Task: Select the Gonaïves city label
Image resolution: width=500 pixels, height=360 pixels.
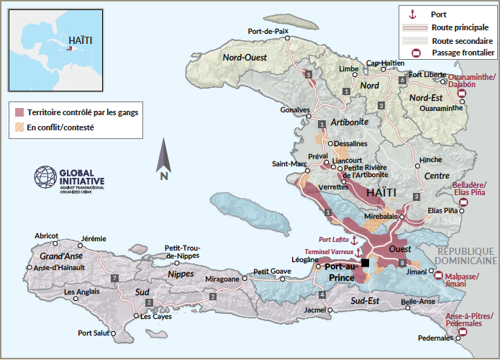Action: coord(294,110)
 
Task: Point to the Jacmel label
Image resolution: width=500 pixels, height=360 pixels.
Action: coord(316,310)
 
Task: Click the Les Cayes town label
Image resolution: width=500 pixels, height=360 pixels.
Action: coord(156,316)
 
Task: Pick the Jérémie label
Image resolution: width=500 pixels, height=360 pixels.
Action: coord(94,238)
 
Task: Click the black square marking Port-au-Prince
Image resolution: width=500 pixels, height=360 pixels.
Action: coord(365,263)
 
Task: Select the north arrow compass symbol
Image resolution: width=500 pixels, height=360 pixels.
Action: coord(164,160)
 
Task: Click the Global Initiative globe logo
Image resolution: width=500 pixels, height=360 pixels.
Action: coord(45,177)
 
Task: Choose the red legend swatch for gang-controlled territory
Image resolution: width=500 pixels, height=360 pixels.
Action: coord(19,112)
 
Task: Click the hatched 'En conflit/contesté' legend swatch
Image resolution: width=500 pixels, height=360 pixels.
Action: coord(19,128)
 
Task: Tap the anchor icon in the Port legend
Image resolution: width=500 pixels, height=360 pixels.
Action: coord(413,14)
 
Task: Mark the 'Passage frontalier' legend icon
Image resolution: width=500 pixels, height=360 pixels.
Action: coord(415,53)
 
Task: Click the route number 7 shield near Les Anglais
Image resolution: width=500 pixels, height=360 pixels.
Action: coord(114,278)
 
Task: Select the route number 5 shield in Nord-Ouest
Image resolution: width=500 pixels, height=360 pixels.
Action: coord(309,74)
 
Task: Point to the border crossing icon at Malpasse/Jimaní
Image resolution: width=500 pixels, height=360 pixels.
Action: coord(439,274)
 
